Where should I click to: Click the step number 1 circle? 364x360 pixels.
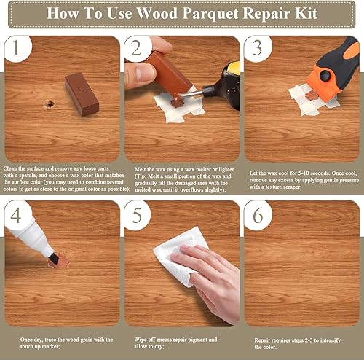pos(17,49)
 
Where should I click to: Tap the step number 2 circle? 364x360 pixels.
pos(137,49)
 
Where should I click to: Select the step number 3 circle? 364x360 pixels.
pos(258,49)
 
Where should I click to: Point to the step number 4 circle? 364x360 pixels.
pos(17,216)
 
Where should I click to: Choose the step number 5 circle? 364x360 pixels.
pos(137,216)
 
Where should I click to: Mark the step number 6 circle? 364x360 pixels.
pos(258,216)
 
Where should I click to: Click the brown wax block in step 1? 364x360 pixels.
pos(82,94)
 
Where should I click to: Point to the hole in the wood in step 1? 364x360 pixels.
pos(49,104)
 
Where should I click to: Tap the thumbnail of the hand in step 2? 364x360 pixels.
pos(141,73)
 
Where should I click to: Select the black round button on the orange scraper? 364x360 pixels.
pos(325,76)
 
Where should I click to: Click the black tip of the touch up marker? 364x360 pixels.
pos(53,258)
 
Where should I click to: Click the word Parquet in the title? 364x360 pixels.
pos(210,13)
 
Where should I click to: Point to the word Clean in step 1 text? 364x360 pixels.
pos(10,168)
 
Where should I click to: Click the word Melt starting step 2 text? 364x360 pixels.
pos(140,169)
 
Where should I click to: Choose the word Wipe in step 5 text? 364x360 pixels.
pos(141,340)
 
